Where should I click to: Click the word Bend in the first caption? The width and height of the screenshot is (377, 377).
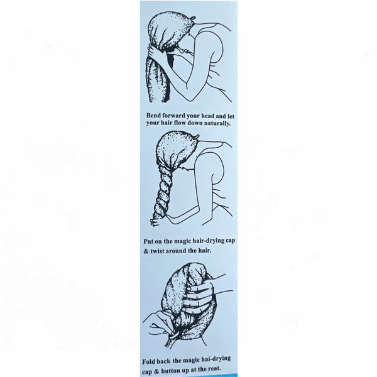153,116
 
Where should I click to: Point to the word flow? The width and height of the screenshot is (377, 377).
179,123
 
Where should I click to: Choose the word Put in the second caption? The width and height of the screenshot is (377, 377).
148,241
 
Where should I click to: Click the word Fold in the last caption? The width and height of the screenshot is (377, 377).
149,361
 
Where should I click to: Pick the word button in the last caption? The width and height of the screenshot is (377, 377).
170,370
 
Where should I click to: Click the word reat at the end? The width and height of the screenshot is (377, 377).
215,368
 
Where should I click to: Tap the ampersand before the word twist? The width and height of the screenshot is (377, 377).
146,251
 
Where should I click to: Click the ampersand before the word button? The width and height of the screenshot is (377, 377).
156,371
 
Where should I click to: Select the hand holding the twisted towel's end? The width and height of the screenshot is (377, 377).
155,222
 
